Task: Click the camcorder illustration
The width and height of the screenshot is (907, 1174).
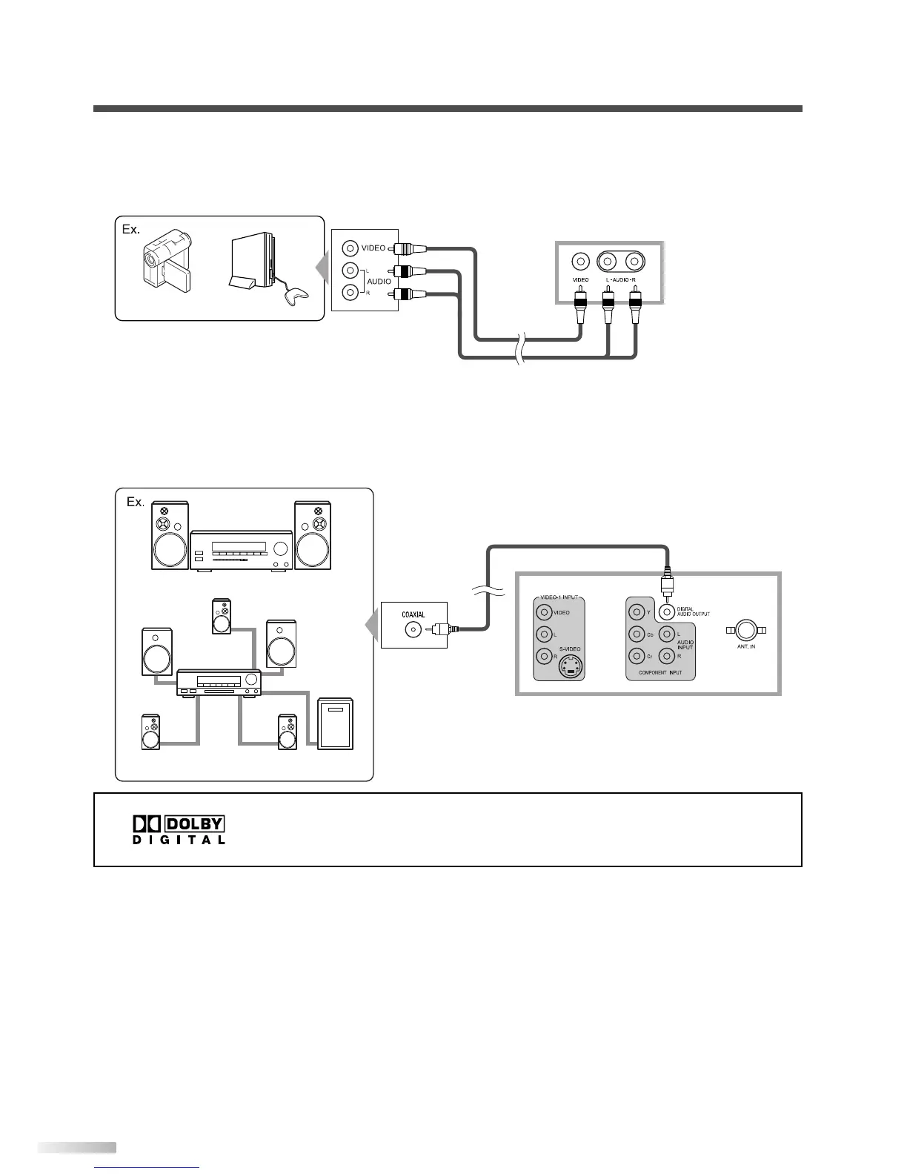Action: click(x=167, y=259)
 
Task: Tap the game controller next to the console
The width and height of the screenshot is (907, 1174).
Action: click(x=293, y=296)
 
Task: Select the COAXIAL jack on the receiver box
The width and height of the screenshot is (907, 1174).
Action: click(x=412, y=629)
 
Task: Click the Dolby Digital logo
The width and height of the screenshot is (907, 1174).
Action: click(x=179, y=830)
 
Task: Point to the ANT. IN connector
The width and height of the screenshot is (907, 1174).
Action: click(x=745, y=631)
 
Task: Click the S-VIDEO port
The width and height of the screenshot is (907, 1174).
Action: click(x=569, y=666)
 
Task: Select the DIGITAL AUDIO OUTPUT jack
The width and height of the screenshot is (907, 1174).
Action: click(x=667, y=612)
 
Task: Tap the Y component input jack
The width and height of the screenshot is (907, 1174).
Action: click(x=637, y=612)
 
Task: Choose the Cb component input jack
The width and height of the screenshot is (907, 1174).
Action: click(x=637, y=634)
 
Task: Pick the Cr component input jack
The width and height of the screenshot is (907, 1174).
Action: click(x=637, y=656)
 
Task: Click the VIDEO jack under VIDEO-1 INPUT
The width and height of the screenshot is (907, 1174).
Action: click(x=544, y=612)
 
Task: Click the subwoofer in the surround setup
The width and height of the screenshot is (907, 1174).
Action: click(x=336, y=723)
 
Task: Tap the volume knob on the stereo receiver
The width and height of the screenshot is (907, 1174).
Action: click(x=280, y=549)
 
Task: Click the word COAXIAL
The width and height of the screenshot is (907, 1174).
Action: click(x=413, y=614)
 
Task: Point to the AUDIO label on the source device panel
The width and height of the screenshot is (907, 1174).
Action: click(x=379, y=282)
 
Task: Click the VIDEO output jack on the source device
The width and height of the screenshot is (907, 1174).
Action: click(x=350, y=248)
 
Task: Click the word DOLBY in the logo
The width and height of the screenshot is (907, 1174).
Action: click(x=195, y=824)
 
